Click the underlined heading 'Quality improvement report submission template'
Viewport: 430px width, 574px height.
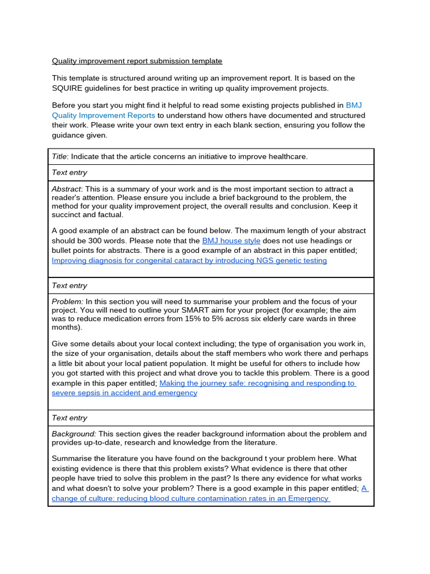click(137, 61)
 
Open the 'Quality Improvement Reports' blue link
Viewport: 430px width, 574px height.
click(104, 115)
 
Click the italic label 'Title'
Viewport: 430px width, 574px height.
click(59, 156)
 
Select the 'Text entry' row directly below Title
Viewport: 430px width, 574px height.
click(69, 173)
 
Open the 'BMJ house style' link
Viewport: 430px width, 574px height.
click(231, 241)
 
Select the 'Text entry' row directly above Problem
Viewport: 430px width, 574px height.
click(69, 286)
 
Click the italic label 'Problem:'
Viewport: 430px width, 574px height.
click(67, 302)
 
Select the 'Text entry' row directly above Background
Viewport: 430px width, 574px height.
click(69, 418)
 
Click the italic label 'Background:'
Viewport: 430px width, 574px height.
click(74, 434)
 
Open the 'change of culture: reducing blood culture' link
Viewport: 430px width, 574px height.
click(190, 498)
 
